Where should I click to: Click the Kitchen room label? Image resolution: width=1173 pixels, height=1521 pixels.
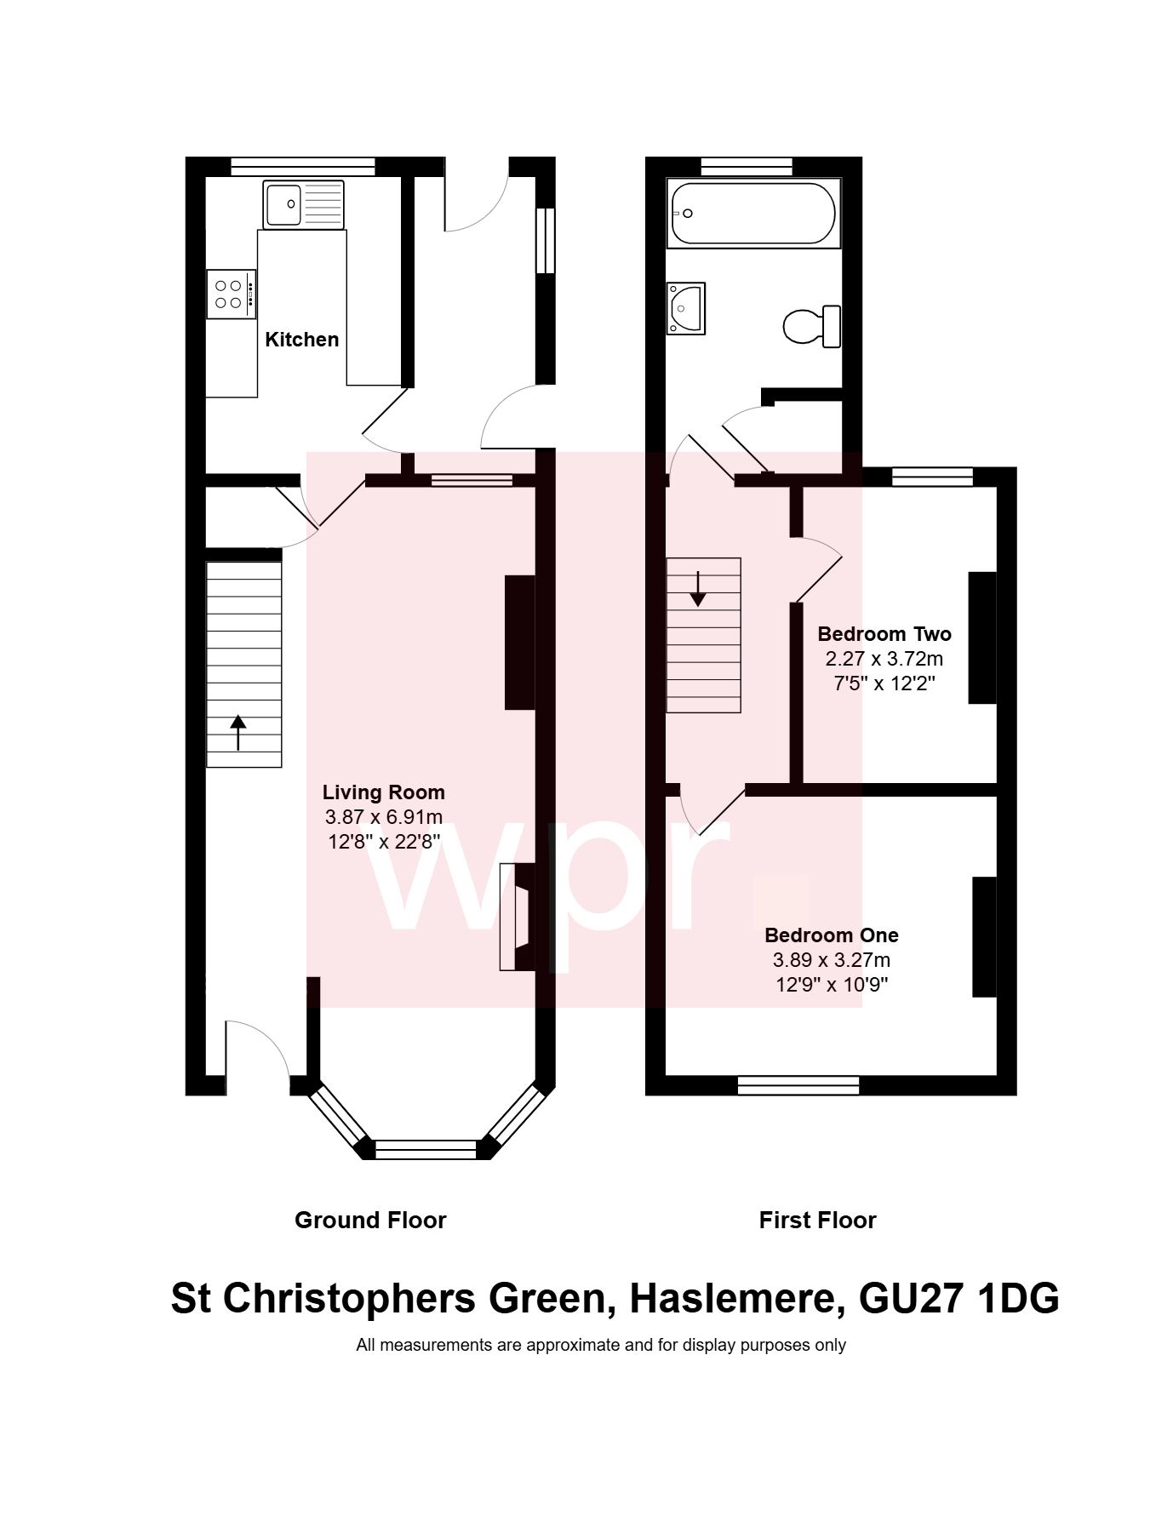(x=301, y=340)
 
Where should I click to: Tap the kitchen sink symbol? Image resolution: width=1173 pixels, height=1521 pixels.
(x=303, y=204)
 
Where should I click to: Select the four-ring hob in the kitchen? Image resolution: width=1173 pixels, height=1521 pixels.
(x=231, y=294)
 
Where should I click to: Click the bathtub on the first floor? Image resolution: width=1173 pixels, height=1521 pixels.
(x=752, y=213)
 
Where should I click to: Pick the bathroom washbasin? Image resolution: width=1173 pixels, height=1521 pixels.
(x=686, y=308)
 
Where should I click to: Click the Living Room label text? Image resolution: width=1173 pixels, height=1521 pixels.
(x=383, y=792)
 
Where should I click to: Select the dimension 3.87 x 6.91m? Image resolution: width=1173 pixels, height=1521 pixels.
(x=383, y=817)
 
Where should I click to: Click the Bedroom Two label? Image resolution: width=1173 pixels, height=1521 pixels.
(x=884, y=634)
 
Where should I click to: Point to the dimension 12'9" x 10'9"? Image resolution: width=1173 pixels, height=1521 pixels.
(x=831, y=985)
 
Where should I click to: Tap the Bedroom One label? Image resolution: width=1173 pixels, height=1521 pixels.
(x=831, y=935)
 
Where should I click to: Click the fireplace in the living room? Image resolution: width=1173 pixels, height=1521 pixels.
(x=518, y=917)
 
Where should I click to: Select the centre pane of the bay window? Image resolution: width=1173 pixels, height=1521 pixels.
(x=426, y=1149)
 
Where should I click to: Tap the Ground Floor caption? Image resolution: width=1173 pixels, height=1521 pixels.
(x=370, y=1221)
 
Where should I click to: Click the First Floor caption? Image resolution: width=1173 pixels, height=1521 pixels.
(x=817, y=1221)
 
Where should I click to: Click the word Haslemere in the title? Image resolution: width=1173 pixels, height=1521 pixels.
(x=736, y=1299)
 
